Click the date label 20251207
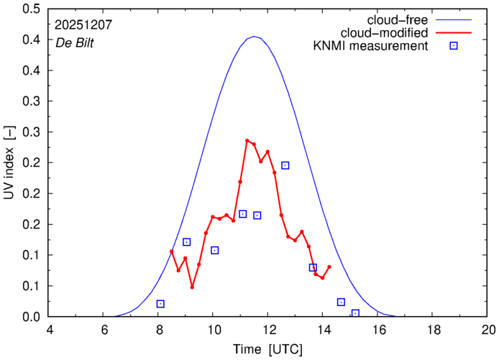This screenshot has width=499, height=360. pyautogui.click(x=83, y=24)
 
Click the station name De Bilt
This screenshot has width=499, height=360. pyautogui.click(x=75, y=43)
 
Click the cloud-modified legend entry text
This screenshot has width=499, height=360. pyautogui.click(x=388, y=33)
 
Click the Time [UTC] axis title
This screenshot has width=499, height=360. pyautogui.click(x=268, y=349)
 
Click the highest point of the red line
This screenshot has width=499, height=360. pyautogui.click(x=247, y=141)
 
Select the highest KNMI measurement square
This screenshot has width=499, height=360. pyautogui.click(x=285, y=165)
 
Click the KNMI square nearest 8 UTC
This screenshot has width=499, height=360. pyautogui.click(x=160, y=304)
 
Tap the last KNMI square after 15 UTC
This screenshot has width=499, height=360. pyautogui.click(x=355, y=313)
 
